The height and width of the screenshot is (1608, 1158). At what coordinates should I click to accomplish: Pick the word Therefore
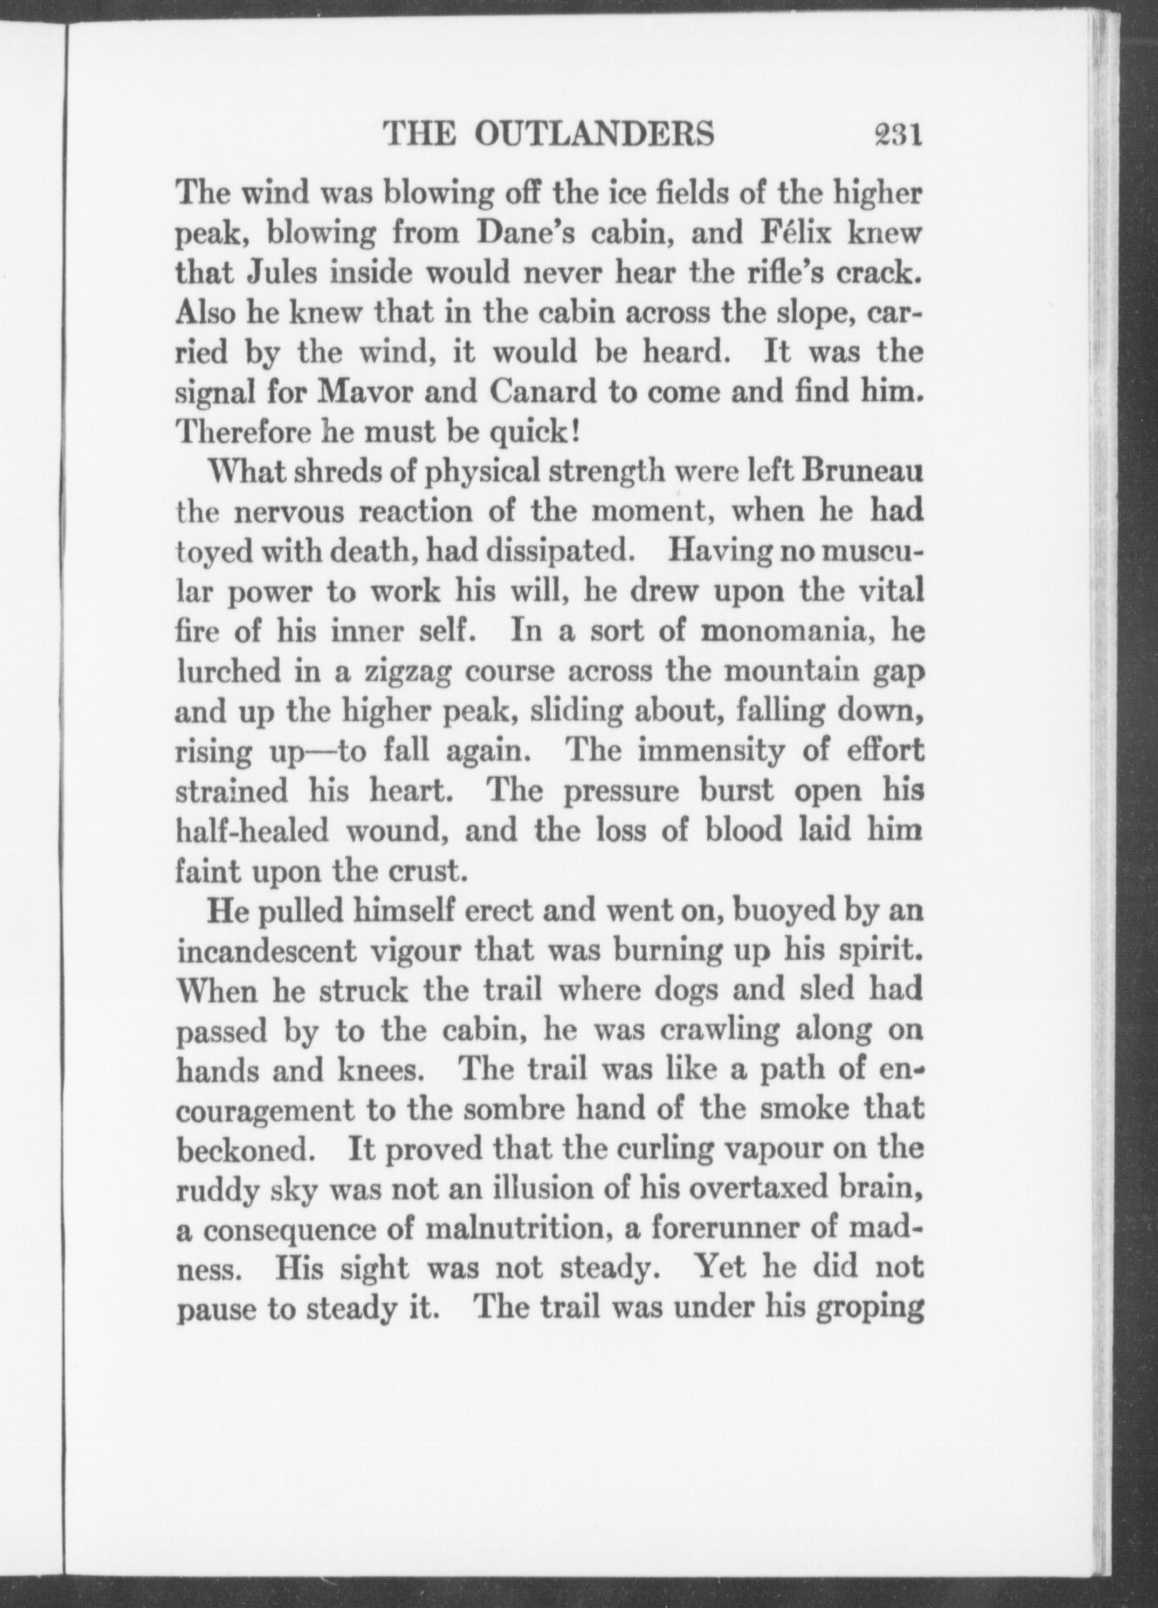click(243, 432)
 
